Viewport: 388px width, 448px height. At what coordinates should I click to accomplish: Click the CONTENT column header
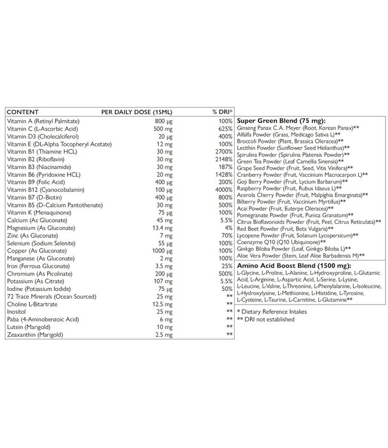click(x=23, y=112)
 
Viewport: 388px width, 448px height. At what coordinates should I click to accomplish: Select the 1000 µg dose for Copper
click(x=161, y=252)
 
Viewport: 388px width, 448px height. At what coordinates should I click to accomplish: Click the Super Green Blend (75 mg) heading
click(x=274, y=120)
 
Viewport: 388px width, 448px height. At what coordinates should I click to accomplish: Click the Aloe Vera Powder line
click(x=300, y=256)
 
